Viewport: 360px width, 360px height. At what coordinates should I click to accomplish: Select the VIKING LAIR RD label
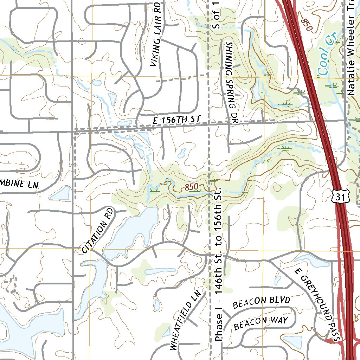point(157,34)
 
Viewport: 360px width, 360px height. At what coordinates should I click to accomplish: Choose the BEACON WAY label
point(261,322)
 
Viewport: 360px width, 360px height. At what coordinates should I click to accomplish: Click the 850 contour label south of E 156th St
point(192,187)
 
